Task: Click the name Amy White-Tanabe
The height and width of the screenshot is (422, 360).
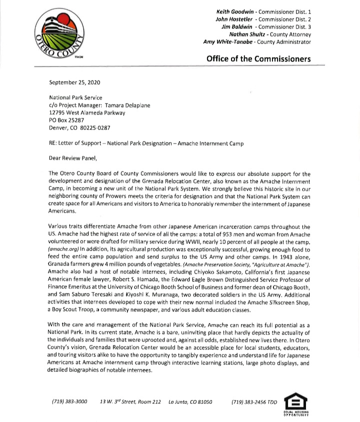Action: tap(226, 42)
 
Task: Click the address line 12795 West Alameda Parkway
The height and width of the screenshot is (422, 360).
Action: tap(87, 113)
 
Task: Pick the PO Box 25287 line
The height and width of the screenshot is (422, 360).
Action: tap(66, 120)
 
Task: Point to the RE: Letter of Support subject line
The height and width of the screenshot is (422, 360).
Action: tap(146, 143)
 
